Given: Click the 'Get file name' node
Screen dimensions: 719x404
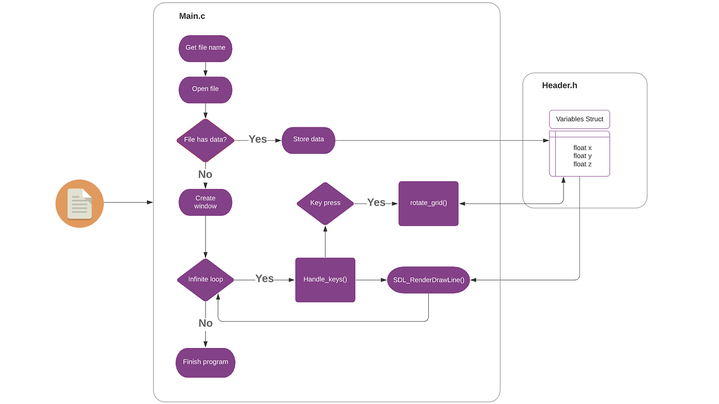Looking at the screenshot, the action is pos(205,48).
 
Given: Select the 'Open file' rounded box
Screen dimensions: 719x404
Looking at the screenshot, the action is pos(205,89).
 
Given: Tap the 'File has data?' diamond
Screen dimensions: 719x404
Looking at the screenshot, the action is pos(205,140).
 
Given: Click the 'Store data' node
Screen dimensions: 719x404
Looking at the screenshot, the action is pos(308,140).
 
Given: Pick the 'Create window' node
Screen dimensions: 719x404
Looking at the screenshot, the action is pos(205,202).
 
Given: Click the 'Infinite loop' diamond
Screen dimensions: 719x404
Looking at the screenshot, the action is pos(205,280).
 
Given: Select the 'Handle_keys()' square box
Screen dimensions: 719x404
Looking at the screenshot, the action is pos(325,280).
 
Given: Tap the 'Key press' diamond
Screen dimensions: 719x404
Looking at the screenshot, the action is pos(325,203).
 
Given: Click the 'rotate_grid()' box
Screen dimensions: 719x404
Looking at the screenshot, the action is pos(428,203).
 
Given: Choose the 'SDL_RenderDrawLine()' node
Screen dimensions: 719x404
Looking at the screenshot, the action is pos(428,280).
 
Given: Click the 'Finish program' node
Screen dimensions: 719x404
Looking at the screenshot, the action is pos(205,362).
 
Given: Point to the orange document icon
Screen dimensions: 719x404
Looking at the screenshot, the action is pos(80,203).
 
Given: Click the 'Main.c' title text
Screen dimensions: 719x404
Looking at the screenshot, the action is pos(192,16).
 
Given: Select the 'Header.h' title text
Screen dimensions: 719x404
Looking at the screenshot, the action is pos(559,86).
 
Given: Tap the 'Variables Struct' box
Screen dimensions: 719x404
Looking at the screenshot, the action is pos(579,119).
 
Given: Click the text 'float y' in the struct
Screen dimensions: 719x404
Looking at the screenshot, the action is pos(582,156).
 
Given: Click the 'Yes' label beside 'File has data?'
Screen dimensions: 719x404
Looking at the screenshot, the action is pos(257,139).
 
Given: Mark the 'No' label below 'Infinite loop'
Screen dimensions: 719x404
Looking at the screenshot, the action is pos(205,323).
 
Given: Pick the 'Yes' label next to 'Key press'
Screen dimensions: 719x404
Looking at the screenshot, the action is pos(376,203).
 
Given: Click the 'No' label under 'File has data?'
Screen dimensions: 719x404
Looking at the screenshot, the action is pos(205,175).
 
